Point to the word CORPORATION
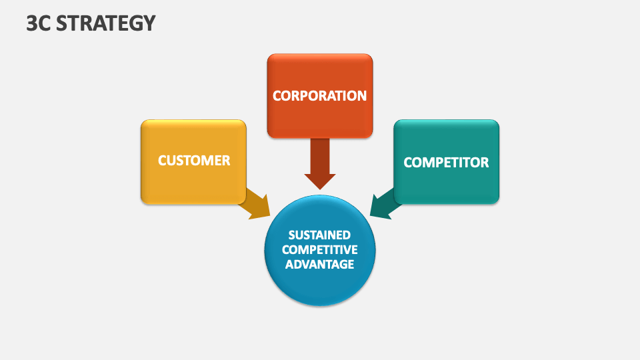click(x=320, y=95)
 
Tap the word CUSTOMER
click(x=193, y=161)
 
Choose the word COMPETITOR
click(x=446, y=162)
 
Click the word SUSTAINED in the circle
click(x=320, y=235)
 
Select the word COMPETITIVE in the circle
click(x=320, y=249)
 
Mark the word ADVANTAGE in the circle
click(x=320, y=264)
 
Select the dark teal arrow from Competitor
click(x=385, y=204)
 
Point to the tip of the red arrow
click(x=320, y=187)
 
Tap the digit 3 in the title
click(x=31, y=23)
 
